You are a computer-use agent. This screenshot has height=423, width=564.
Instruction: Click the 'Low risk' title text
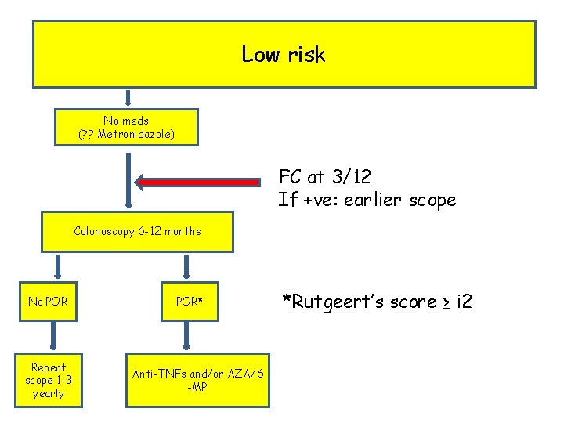tap(283, 54)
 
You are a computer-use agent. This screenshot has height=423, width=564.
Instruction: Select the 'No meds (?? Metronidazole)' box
tap(126, 128)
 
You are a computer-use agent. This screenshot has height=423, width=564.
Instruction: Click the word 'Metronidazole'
tap(134, 135)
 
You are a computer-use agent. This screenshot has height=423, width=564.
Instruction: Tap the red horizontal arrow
tap(198, 182)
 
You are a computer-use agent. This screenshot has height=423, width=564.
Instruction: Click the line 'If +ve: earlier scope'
tap(367, 200)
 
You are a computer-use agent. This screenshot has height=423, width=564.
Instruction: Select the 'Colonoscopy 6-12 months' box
tap(137, 231)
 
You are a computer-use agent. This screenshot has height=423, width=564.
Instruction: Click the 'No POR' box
tap(48, 302)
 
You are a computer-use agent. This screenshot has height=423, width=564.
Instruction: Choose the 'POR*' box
tap(186, 302)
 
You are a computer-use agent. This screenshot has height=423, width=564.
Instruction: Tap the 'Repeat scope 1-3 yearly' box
tap(48, 380)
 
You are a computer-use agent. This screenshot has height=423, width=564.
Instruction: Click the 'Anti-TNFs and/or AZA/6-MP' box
tap(197, 380)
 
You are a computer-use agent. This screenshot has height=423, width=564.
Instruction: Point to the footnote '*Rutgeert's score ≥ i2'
tap(377, 302)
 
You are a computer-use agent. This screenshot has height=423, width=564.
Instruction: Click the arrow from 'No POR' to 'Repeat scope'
tap(52, 335)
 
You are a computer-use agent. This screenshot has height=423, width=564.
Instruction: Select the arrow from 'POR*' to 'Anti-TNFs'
tap(186, 335)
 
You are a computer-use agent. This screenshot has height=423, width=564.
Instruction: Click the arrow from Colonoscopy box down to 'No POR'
tap(55, 265)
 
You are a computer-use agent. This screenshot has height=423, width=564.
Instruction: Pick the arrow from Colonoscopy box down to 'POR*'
tap(186, 265)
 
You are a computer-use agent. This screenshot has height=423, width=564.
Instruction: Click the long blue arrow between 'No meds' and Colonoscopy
tap(128, 179)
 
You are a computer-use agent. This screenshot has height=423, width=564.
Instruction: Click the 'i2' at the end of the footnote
tap(462, 302)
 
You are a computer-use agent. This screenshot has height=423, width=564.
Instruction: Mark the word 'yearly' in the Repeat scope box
tap(48, 393)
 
